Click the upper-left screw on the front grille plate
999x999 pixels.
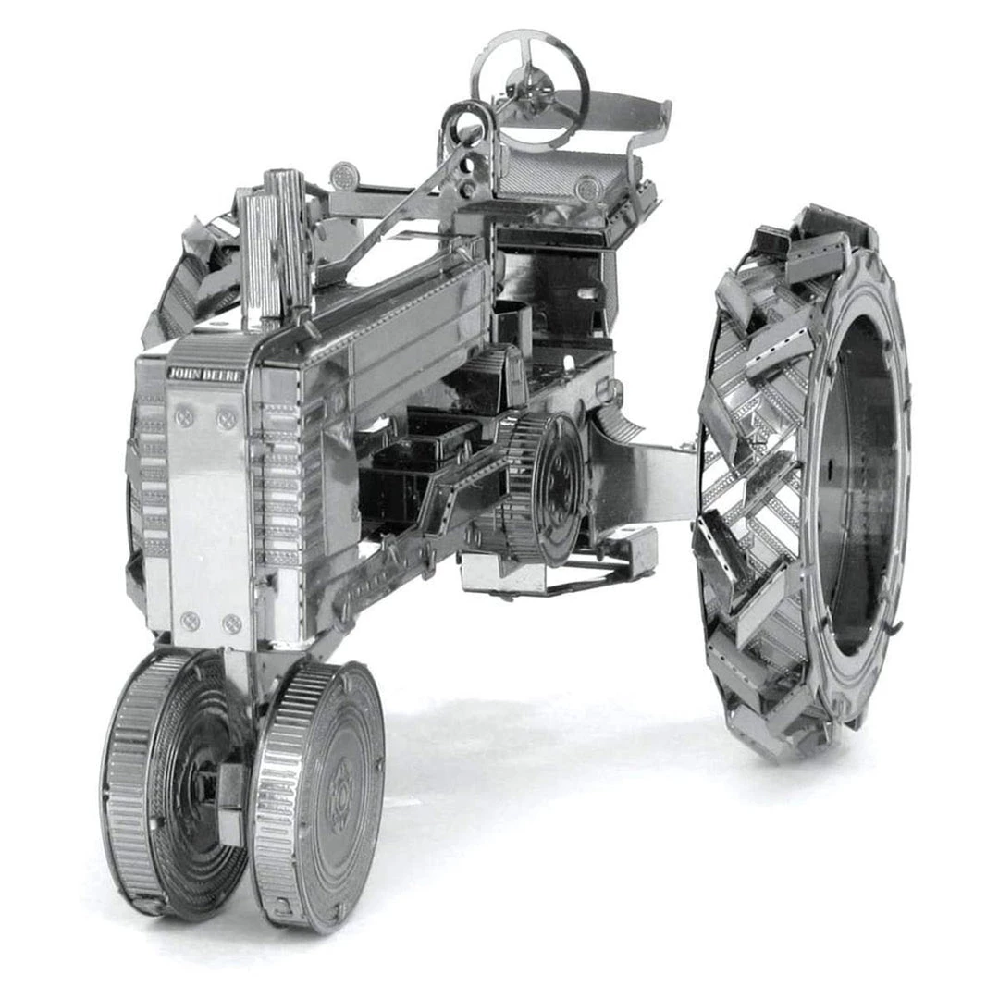pyautogui.click(x=185, y=417)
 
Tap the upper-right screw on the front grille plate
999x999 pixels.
pyautogui.click(x=227, y=420)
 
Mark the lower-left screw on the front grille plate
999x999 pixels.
pyautogui.click(x=190, y=620)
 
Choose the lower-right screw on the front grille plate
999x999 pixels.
pyautogui.click(x=232, y=623)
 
